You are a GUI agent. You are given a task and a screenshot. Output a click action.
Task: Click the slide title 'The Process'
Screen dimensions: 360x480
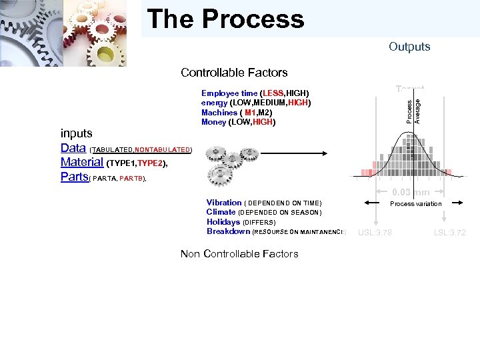(x=225, y=19)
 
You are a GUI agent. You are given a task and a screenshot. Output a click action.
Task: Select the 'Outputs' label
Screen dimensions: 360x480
(x=409, y=47)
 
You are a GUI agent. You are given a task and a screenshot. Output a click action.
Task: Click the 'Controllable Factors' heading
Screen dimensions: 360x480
(x=234, y=73)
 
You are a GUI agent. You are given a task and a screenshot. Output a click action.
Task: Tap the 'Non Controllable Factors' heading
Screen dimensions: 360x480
(x=239, y=253)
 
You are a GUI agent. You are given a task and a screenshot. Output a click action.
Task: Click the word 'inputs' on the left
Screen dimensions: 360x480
(x=77, y=133)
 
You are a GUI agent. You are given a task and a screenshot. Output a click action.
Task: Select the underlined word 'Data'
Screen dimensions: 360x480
(x=73, y=148)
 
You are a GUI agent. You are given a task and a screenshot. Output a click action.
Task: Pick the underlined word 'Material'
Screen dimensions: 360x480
(x=81, y=162)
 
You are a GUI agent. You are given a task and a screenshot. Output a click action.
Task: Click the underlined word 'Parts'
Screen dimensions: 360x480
(x=74, y=177)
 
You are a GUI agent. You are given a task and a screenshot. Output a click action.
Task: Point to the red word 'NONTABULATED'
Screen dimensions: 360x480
(x=163, y=150)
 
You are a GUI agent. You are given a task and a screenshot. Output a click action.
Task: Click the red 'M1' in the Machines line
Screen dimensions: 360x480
(x=250, y=113)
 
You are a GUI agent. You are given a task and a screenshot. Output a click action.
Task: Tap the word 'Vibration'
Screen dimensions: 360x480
(x=224, y=203)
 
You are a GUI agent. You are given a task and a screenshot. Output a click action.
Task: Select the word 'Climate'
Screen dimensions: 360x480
(x=221, y=212)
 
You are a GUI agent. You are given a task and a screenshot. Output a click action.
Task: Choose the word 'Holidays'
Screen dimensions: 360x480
(x=223, y=222)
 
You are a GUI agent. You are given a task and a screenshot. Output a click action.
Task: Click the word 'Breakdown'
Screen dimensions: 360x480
(x=228, y=231)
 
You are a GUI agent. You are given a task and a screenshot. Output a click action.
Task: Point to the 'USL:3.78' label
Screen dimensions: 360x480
(x=375, y=233)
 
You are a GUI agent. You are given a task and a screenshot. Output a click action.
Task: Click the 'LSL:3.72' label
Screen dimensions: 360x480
(x=449, y=233)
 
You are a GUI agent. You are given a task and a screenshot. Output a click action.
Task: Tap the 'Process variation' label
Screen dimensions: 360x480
(x=415, y=204)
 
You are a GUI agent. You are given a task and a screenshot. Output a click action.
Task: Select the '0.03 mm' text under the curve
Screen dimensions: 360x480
(x=410, y=193)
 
